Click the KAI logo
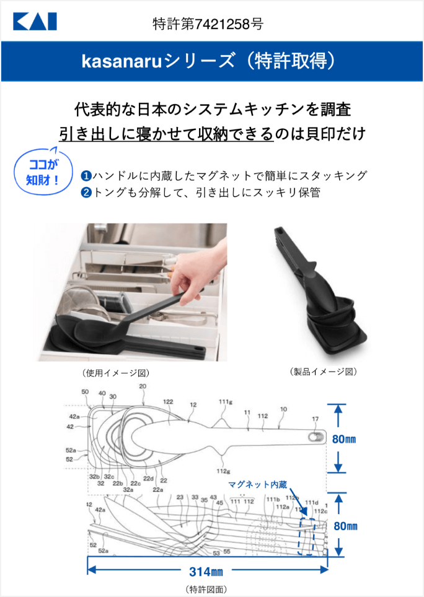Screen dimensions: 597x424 coord(35,23)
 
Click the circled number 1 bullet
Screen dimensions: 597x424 coord(87,176)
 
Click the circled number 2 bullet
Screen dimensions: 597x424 coord(87,193)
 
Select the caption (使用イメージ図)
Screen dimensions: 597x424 coord(115,373)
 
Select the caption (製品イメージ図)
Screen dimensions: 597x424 coord(323,372)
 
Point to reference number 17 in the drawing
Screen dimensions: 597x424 coord(316,419)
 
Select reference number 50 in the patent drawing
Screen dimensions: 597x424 coord(85,391)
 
